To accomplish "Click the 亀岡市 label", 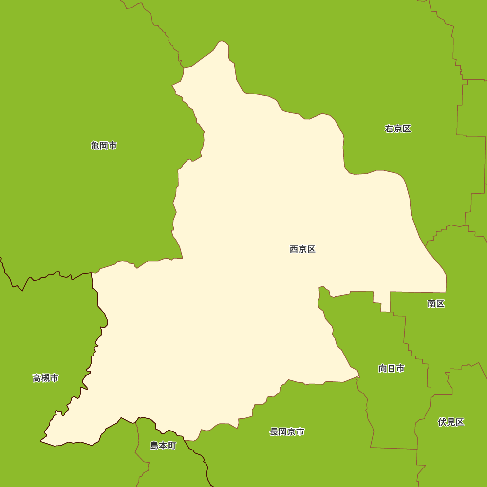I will (x=104, y=145).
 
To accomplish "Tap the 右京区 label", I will (x=398, y=129).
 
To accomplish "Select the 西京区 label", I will (x=302, y=249).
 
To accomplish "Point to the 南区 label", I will (x=436, y=304).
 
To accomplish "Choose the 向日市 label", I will (x=392, y=369).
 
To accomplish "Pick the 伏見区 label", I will (x=451, y=422).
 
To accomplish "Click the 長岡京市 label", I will (x=287, y=432).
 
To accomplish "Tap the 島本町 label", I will (x=163, y=446).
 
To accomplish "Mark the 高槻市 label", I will (x=46, y=378).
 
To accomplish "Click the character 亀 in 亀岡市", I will (x=95, y=145).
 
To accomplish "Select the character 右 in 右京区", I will (x=389, y=129).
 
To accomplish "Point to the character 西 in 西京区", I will (x=294, y=249).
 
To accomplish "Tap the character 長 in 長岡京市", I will (x=274, y=432).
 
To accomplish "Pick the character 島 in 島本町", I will (x=154, y=446).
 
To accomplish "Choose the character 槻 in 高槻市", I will (x=46, y=378).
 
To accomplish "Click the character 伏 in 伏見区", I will (x=442, y=422).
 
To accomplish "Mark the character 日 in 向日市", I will (x=392, y=369).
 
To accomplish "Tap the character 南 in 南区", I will (x=431, y=304).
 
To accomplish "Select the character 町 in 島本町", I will (x=171, y=446).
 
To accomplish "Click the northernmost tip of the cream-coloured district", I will (x=222, y=41).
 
